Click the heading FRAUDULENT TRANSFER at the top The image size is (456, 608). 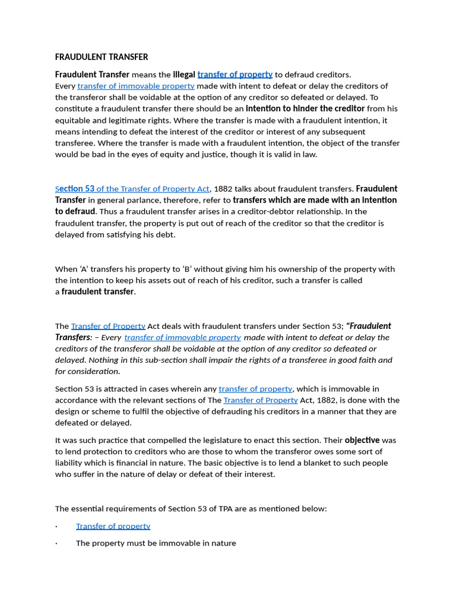point(102,57)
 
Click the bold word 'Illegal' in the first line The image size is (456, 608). point(184,75)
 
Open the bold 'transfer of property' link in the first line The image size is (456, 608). point(235,75)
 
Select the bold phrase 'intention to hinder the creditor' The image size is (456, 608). point(305,109)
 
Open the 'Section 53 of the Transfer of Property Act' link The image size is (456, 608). point(132,189)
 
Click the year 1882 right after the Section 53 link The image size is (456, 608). point(223,189)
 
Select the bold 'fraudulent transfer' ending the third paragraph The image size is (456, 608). point(97,292)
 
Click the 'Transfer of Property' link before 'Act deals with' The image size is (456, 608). point(108,326)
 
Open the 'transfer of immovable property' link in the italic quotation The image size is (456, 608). point(182,337)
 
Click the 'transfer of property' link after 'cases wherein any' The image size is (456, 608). point(255,389)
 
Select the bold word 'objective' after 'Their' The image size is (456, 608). point(362,441)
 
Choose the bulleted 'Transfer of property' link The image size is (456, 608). point(113,526)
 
